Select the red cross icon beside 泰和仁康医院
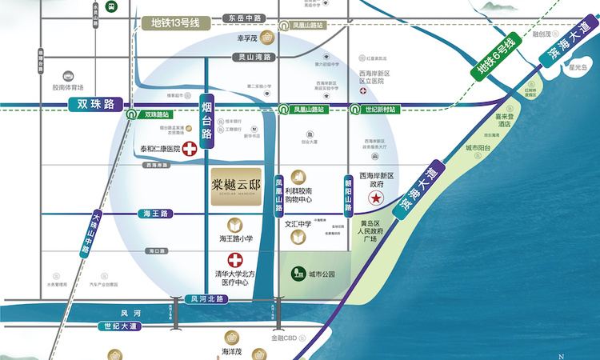[190, 148]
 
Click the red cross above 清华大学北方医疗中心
[235, 260]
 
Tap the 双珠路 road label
[92, 104]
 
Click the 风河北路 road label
[205, 299]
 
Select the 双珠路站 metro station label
[158, 114]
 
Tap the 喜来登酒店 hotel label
[503, 120]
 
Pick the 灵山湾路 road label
[254, 58]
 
